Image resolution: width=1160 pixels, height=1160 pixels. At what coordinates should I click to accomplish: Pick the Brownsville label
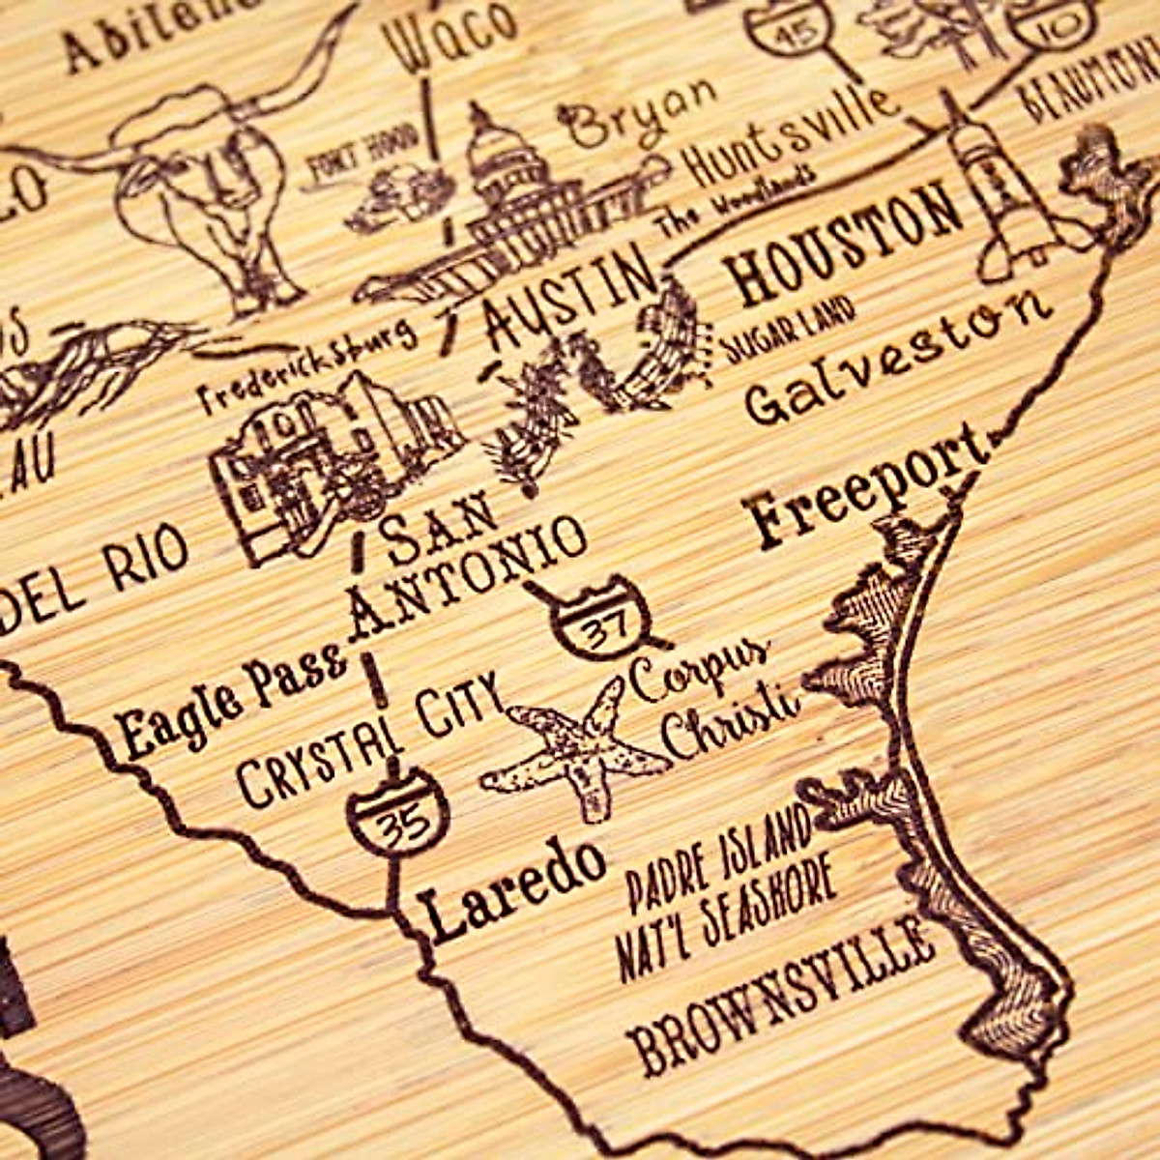[x=783, y=996]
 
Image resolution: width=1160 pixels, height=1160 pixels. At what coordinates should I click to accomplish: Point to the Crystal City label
[x=372, y=739]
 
